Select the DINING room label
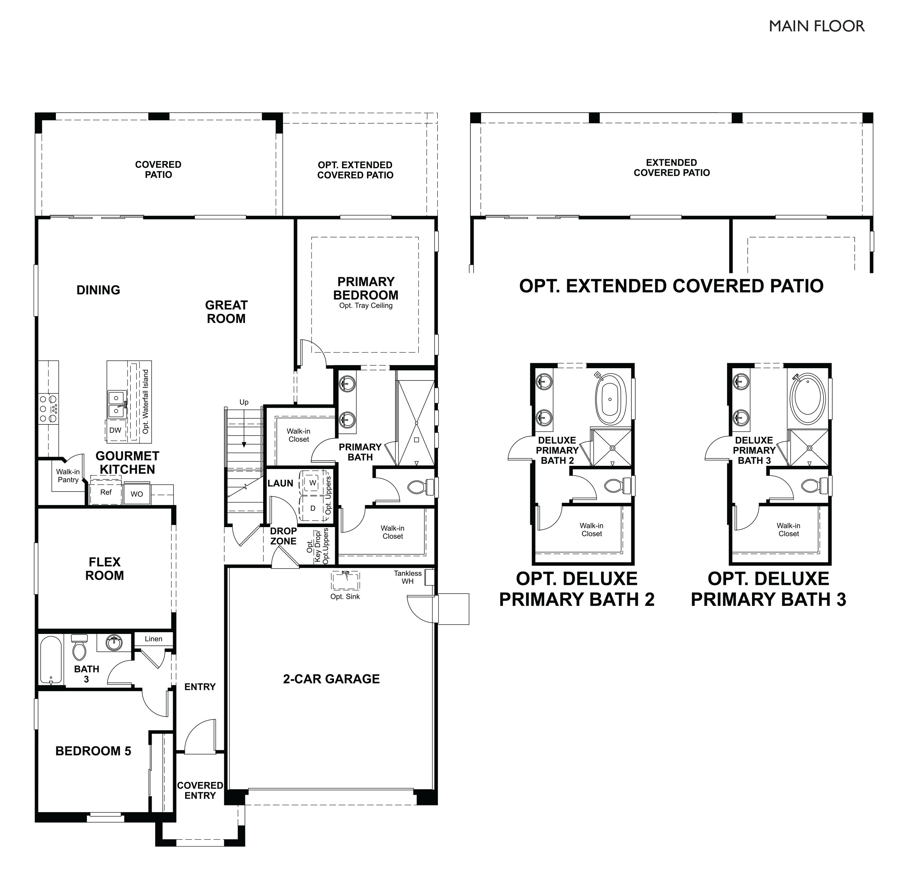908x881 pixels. pos(98,290)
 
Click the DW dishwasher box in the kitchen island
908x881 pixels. pos(115,430)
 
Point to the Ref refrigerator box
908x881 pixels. pos(106,493)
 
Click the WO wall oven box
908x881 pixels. pos(137,494)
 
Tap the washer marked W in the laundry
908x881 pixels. pos(313,483)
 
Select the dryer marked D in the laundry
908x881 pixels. pos(313,508)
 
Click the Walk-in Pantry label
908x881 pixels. pos(68,476)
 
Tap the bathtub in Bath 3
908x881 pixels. pos(51,660)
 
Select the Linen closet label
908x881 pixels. pos(153,639)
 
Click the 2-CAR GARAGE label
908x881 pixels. pos(331,679)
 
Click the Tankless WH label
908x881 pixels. pos(408,577)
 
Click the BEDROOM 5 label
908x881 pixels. pos(93,751)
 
